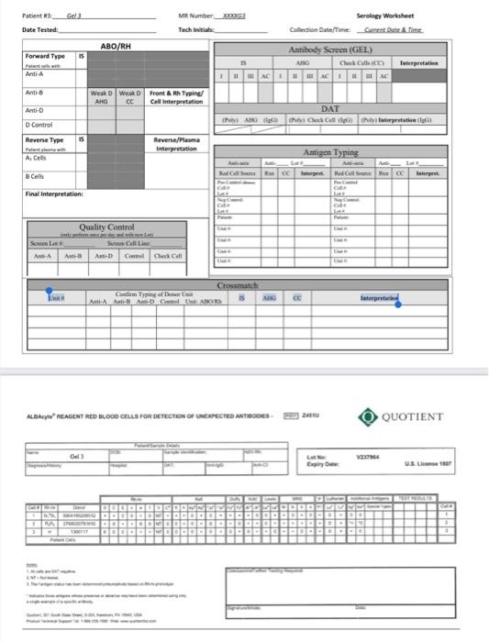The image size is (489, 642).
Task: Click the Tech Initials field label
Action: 197,30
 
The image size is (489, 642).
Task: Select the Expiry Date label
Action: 318,465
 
